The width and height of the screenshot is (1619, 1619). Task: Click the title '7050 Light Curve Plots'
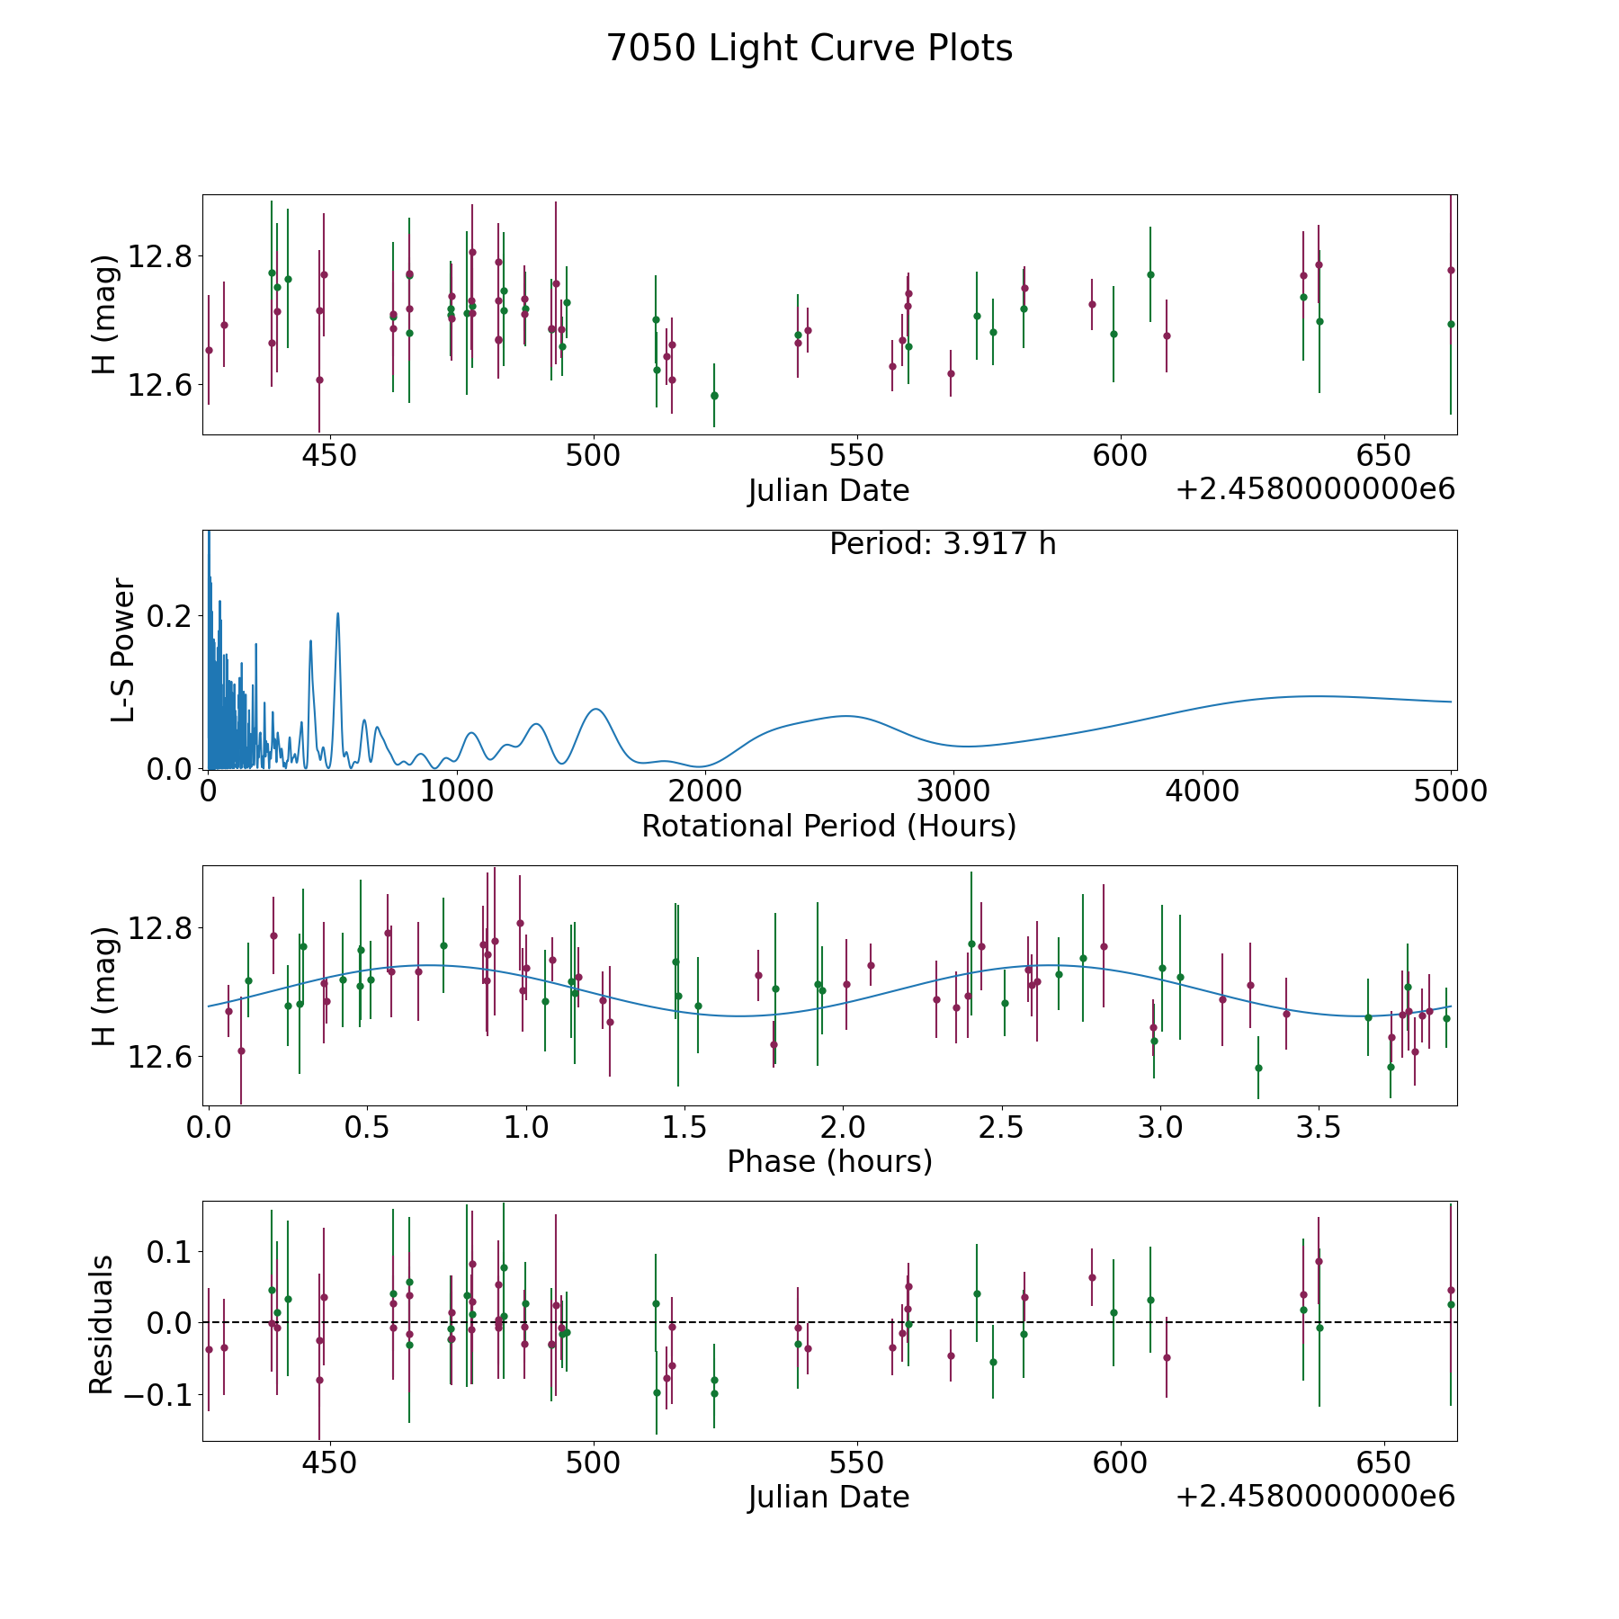click(809, 49)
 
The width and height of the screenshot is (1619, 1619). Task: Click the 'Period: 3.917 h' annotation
click(942, 544)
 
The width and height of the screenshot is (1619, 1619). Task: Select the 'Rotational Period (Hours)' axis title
click(828, 826)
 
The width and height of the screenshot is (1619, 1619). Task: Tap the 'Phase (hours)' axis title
click(829, 1161)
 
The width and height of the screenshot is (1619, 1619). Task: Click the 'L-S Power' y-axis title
click(123, 650)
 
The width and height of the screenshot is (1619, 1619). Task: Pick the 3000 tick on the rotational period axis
click(953, 791)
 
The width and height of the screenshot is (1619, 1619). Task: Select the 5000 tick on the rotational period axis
click(1451, 791)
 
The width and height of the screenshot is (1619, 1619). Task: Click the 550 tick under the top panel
click(856, 456)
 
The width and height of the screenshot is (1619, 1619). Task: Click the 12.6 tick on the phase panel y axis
click(161, 1057)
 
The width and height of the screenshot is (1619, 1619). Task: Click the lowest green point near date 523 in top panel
click(714, 396)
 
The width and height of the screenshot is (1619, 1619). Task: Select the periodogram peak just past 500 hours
click(338, 613)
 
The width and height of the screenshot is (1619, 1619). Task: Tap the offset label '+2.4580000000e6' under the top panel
click(1315, 490)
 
